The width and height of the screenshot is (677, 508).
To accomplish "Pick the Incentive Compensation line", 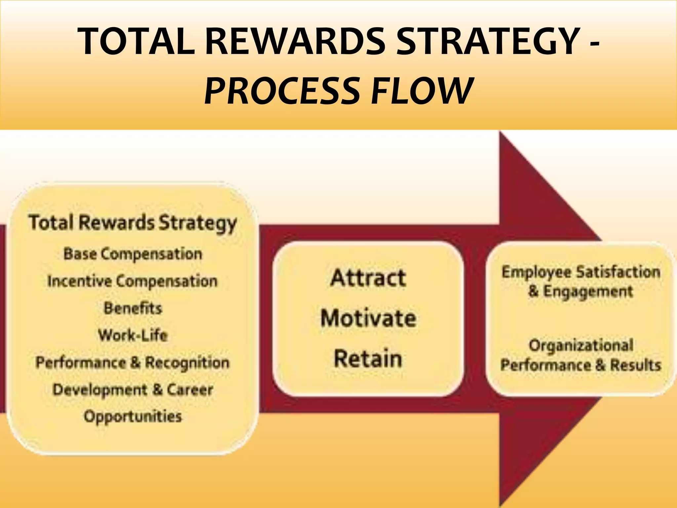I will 133,281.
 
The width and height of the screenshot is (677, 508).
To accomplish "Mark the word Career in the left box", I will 190,390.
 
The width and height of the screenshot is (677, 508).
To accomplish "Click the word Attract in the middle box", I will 368,278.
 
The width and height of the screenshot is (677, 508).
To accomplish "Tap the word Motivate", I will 368,318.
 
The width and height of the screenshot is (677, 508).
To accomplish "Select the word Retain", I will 368,359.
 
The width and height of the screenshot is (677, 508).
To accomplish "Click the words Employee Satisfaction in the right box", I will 581,272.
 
